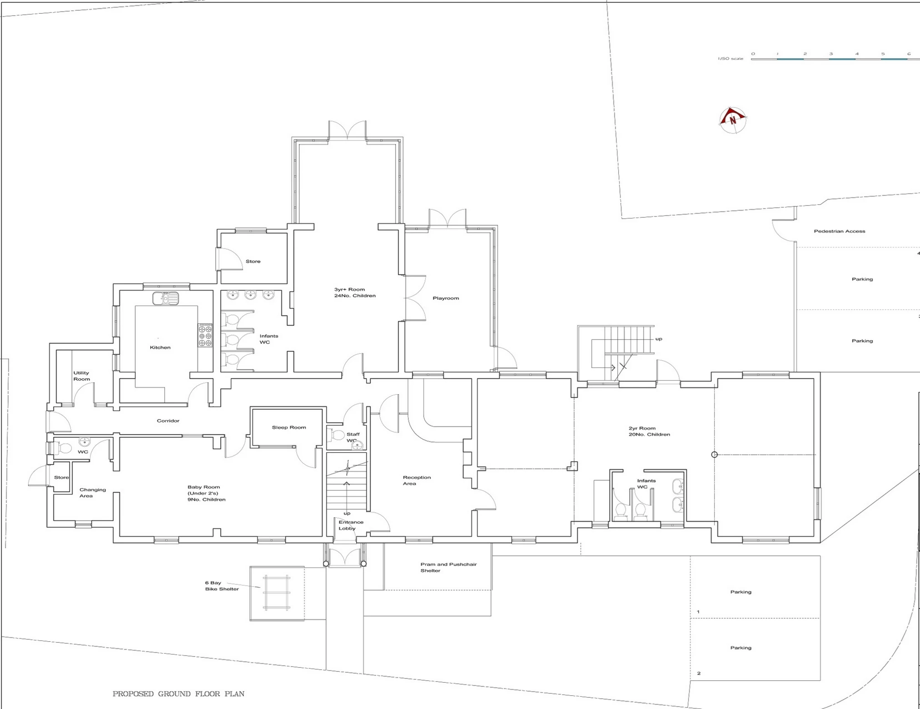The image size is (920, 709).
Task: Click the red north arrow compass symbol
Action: point(732,120)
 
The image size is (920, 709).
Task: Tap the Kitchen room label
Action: point(160,347)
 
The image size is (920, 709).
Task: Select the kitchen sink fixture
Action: point(165,298)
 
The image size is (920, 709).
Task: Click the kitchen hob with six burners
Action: point(205,335)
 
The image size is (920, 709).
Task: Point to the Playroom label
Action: point(445,298)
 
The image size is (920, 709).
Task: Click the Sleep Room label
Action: point(288,427)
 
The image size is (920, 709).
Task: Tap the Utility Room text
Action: point(81,376)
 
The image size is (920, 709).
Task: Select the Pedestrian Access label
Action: point(839,231)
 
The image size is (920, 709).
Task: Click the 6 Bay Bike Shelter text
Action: point(221,586)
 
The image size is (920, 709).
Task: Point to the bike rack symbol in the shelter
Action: point(277,593)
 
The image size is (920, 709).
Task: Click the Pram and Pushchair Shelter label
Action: point(448,567)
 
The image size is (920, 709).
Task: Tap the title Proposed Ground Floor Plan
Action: point(178,694)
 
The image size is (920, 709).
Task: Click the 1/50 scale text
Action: point(730,59)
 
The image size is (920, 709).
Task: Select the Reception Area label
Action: point(416,481)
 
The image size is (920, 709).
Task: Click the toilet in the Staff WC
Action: point(337,435)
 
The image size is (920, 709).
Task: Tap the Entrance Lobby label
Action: point(350,525)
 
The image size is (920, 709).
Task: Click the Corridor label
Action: point(168,421)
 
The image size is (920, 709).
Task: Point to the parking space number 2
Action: point(699,673)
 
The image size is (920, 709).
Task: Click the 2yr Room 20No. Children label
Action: point(649,431)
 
